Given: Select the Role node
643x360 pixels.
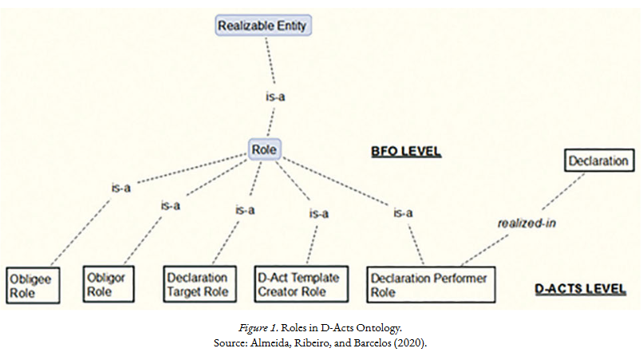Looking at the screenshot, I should tap(264, 149).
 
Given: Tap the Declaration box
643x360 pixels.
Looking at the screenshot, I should tap(598, 161).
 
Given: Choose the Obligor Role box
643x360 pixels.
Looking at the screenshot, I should tap(109, 284).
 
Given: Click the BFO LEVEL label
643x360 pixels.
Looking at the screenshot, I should tap(406, 151).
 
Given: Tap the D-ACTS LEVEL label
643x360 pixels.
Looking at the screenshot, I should tap(581, 287).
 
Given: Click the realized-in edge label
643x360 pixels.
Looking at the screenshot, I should tap(526, 223).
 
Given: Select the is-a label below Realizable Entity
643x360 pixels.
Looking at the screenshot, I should tap(275, 97).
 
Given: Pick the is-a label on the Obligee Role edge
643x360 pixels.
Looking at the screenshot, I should tap(121, 188).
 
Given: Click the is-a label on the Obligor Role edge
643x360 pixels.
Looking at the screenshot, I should tap(170, 205).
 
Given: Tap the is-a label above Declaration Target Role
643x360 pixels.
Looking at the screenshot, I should tap(244, 210).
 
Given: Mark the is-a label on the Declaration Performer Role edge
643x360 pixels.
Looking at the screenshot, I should tap(403, 212).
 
